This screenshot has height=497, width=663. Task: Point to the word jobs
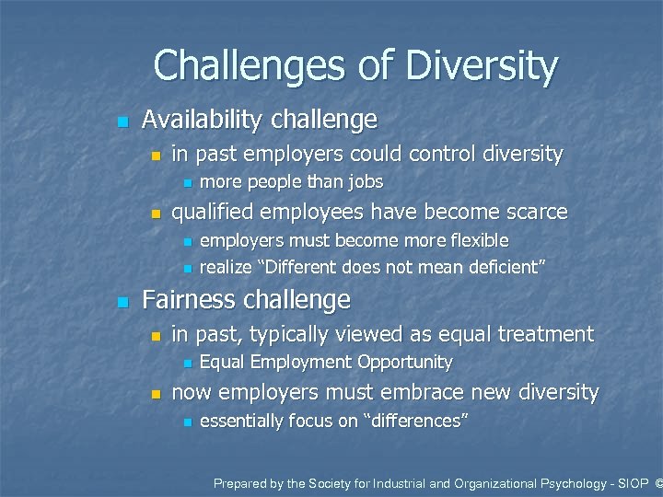click(365, 182)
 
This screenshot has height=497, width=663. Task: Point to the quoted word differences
click(424, 422)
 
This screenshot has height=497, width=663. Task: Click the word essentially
click(243, 422)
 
